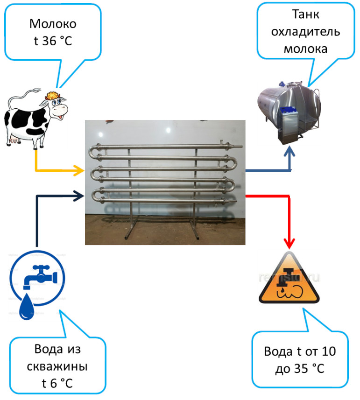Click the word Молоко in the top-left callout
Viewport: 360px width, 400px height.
53,24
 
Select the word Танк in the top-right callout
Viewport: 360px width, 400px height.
306,15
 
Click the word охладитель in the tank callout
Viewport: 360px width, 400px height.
306,32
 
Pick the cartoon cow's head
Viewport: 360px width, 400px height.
55,105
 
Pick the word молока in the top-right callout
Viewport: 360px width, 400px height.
306,49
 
